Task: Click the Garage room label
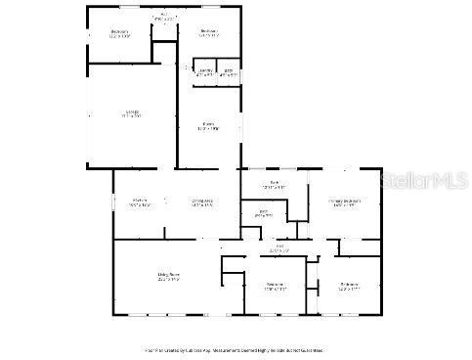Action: (132, 112)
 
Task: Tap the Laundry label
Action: (206, 71)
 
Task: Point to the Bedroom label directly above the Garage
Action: (119, 33)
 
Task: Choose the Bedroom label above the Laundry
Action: (208, 32)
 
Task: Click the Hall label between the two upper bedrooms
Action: (163, 16)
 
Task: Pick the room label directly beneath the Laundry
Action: (208, 125)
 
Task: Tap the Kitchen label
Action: (141, 202)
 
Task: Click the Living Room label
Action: (167, 277)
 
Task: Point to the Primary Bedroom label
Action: (344, 202)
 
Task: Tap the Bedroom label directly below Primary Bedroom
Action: (349, 286)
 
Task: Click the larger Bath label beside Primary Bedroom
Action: (275, 185)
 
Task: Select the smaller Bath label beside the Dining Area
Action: (263, 213)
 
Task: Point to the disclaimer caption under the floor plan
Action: (235, 349)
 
